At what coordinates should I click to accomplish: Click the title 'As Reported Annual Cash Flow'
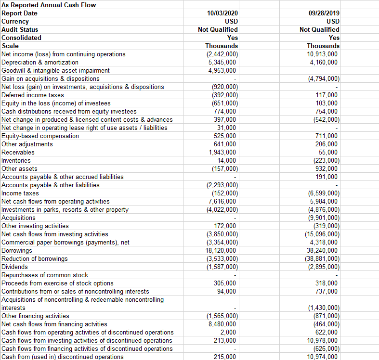[49, 5]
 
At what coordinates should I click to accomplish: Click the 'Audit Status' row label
[20, 29]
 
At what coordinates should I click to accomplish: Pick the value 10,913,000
[322, 54]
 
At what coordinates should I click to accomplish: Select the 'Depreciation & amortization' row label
[40, 62]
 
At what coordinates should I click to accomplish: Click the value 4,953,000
[222, 70]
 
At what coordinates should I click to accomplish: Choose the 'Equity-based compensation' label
[40, 136]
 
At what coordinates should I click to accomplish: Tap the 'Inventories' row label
[16, 160]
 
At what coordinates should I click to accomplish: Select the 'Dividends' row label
[15, 267]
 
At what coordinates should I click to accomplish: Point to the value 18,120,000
[221, 250]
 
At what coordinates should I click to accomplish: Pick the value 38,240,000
[322, 250]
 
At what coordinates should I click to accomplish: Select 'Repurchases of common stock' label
[45, 275]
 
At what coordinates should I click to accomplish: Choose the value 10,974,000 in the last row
[322, 357]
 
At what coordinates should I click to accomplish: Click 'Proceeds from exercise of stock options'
[58, 283]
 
